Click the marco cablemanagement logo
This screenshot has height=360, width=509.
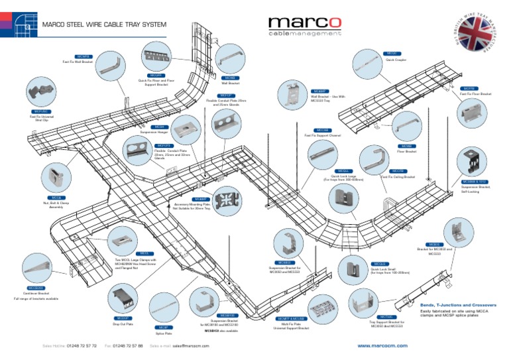click(x=305, y=27)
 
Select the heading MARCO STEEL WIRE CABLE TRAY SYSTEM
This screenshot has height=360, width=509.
click(x=104, y=25)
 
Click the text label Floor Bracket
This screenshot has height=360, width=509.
click(x=406, y=151)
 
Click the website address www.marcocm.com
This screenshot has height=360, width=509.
click(x=382, y=345)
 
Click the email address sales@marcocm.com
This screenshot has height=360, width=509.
click(x=191, y=345)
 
